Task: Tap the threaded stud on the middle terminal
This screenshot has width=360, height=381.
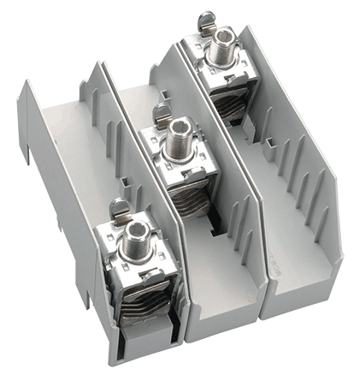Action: [180, 132]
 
